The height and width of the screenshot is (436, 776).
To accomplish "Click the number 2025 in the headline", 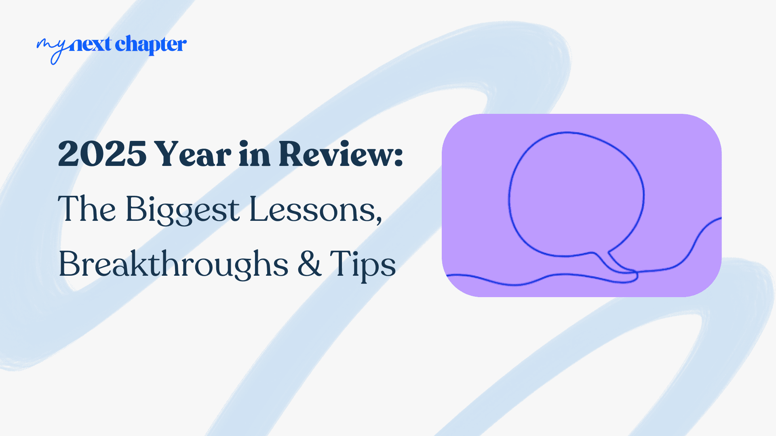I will pos(102,154).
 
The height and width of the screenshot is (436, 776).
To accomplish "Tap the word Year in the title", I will pos(193,154).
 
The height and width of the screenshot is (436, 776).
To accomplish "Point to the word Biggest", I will pos(183,210).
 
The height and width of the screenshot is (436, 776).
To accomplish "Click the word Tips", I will pos(363,264).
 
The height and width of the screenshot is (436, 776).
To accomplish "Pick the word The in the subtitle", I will pos(87,210).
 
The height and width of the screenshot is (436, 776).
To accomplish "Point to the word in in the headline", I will pos(254,154).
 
